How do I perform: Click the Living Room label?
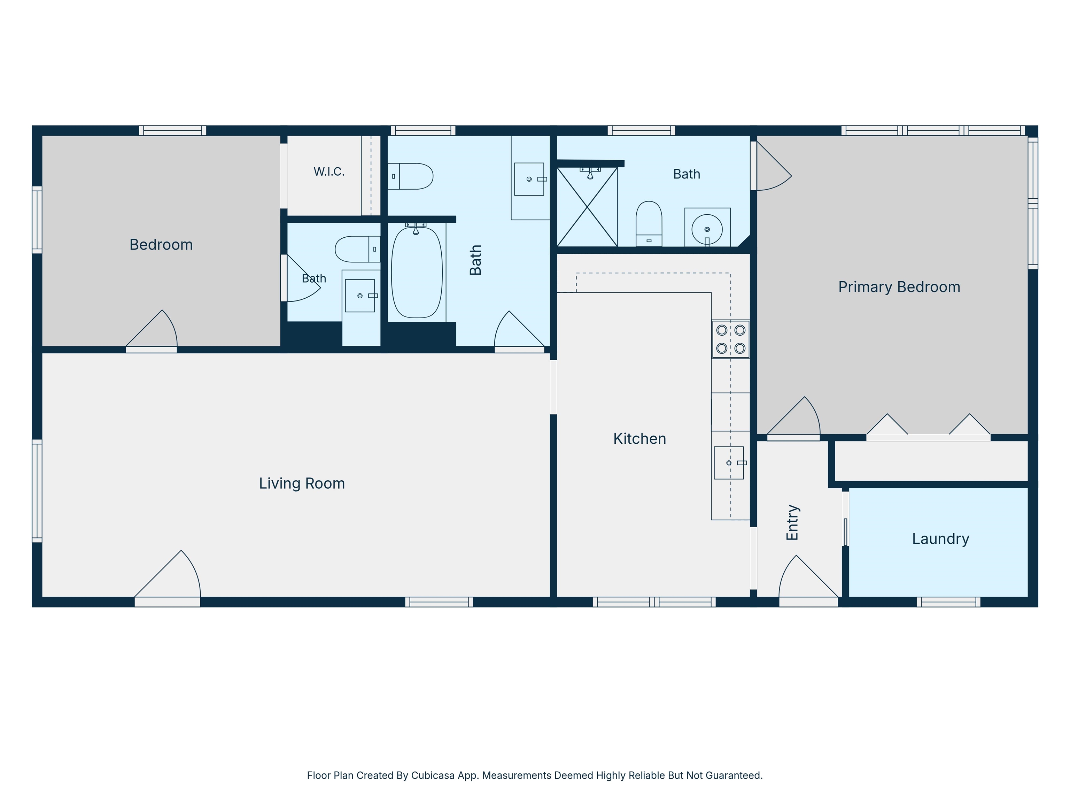coord(302,483)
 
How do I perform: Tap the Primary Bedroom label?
coord(899,287)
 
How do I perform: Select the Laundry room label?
coord(940,539)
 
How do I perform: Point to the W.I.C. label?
coord(329,171)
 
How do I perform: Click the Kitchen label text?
coord(639,438)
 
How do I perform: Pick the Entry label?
coord(792,523)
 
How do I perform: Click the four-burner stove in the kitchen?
coord(730,339)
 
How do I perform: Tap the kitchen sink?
coord(729,463)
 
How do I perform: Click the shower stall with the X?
coord(587,207)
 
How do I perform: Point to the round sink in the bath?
coord(707,229)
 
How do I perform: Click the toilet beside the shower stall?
coord(649,224)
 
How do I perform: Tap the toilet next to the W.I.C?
coord(410,176)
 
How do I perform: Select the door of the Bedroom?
coord(152,329)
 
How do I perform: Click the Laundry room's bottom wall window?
coord(948,602)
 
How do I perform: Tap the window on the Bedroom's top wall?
coord(173,130)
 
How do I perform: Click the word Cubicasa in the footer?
coord(433,776)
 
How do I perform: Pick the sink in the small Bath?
coord(360,296)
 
